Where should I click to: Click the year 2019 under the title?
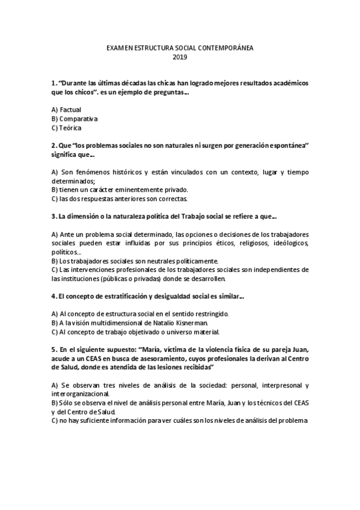coord(180,58)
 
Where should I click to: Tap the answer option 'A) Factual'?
coord(66,109)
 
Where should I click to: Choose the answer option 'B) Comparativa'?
coord(75,118)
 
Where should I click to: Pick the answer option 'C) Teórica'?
coord(67,127)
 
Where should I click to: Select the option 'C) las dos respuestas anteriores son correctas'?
coord(120,198)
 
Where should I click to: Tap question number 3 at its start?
coord(54,216)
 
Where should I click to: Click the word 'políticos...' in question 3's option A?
coord(66,252)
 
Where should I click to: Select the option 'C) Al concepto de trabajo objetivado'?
coord(136,331)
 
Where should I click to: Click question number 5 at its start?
coord(54,349)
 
